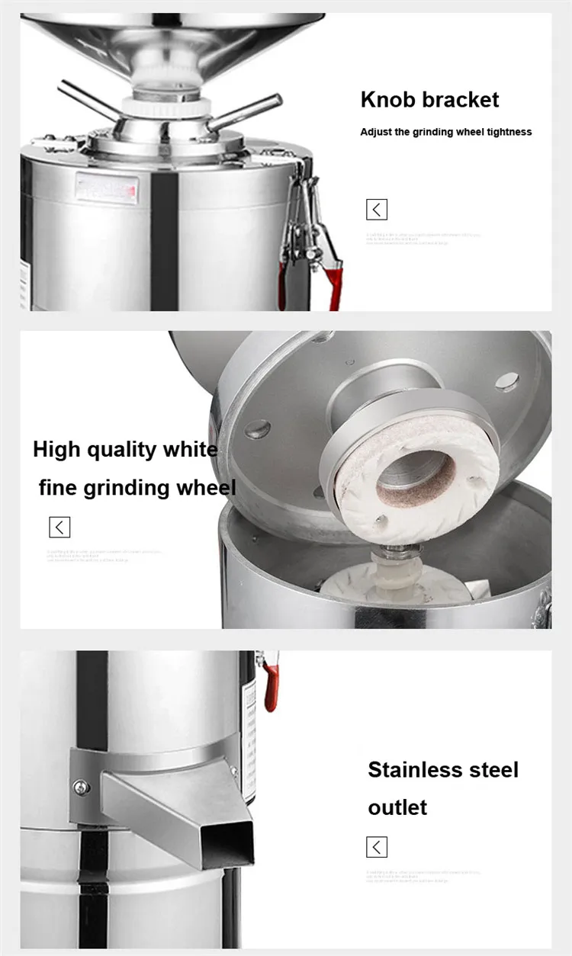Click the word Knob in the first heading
tap(387, 100)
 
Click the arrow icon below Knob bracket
tap(377, 210)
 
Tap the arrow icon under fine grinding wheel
tap(59, 527)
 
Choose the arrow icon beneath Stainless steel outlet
tap(377, 846)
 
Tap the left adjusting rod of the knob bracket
tap(88, 101)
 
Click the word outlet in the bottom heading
tap(397, 807)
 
